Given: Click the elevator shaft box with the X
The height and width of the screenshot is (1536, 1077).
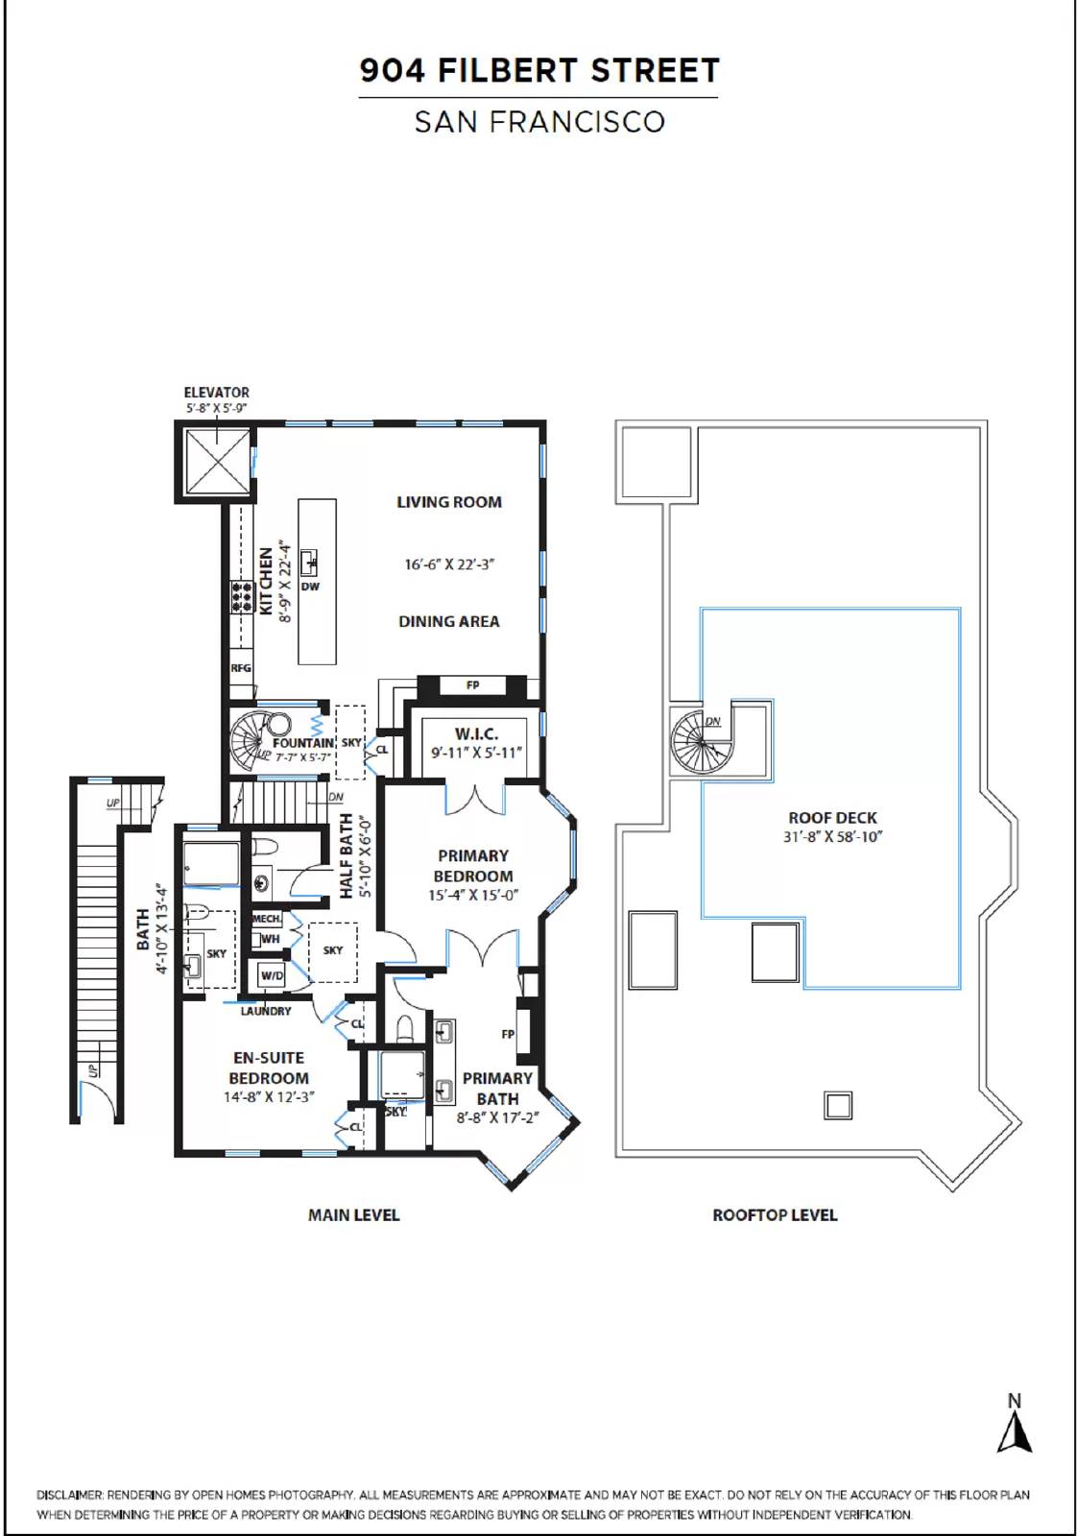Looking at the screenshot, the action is [x=218, y=461].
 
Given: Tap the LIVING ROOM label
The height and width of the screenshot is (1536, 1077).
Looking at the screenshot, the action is [x=449, y=502].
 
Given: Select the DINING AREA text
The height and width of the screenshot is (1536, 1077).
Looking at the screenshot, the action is [x=449, y=621].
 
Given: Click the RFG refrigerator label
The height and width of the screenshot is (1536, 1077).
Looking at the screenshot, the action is [x=241, y=668].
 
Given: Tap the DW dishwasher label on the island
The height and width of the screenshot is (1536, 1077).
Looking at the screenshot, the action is [x=311, y=587].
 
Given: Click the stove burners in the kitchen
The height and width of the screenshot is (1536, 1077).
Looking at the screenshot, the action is [x=241, y=596].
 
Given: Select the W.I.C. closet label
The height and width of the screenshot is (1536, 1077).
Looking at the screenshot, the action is [x=476, y=733].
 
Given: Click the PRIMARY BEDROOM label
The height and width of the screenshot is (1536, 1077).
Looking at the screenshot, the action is [x=473, y=866].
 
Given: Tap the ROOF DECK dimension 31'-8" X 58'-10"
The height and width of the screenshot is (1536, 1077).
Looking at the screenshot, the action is [x=833, y=836].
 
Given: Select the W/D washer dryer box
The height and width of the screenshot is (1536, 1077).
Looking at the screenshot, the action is [x=273, y=975].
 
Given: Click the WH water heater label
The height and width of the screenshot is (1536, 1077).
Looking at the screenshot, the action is [x=270, y=939].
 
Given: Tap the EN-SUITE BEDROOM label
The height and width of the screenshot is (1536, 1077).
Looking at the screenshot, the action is [x=269, y=1068].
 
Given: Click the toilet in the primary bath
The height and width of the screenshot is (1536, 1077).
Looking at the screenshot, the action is [x=406, y=1028].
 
